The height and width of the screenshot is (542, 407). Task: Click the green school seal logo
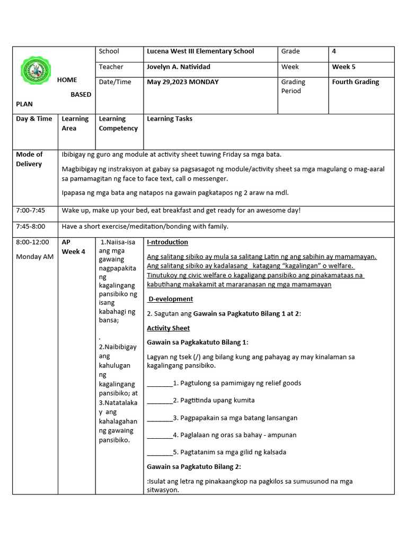coord(37,71)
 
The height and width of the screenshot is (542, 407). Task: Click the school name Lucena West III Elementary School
coord(200,51)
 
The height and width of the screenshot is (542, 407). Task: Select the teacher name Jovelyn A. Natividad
coord(178,67)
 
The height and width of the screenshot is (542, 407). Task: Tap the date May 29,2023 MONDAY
coord(182,82)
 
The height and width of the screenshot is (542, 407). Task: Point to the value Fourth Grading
coord(355,82)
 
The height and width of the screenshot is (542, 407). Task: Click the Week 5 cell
coord(343,67)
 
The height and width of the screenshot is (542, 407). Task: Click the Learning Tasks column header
coord(170,119)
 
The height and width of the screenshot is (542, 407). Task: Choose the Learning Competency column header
coord(118,123)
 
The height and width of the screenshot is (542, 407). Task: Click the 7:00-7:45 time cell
coord(31,211)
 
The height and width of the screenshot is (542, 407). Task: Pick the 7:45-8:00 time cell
coord(31,227)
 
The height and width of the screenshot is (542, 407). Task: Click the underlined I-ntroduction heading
coord(167,242)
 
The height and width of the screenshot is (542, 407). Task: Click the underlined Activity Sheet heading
coord(168,328)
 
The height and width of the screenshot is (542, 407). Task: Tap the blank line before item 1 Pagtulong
coord(160,383)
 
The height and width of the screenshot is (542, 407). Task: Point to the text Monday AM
coord(34,257)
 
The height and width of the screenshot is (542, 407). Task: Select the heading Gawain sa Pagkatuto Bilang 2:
coord(194,466)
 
